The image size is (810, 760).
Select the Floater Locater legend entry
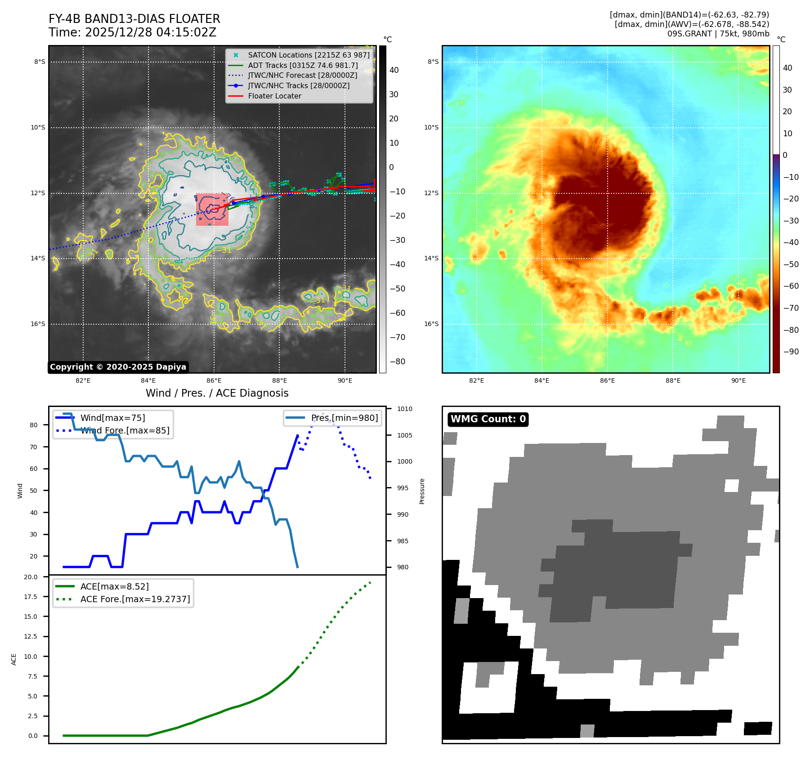(274, 96)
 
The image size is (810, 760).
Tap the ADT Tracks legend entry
(303, 65)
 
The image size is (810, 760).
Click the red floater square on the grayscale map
(212, 210)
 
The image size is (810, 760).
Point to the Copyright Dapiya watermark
(118, 367)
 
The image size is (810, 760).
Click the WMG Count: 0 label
(488, 419)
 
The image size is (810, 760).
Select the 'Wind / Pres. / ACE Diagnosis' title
(217, 393)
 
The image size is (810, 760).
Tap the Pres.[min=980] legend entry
(344, 418)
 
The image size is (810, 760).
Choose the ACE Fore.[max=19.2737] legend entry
(135, 599)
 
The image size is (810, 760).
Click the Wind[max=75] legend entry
(112, 418)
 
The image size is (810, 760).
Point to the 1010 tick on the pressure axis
(404, 409)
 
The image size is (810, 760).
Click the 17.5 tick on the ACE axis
(31, 597)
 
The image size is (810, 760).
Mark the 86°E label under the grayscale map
(214, 380)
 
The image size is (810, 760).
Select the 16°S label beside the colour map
(431, 324)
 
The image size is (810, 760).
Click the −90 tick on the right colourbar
(790, 352)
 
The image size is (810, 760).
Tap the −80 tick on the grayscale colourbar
(397, 362)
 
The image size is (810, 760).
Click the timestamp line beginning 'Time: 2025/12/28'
(132, 32)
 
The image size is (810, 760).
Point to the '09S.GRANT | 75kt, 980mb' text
(718, 34)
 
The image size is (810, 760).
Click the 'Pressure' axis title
(422, 491)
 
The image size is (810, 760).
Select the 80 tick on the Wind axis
(34, 425)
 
